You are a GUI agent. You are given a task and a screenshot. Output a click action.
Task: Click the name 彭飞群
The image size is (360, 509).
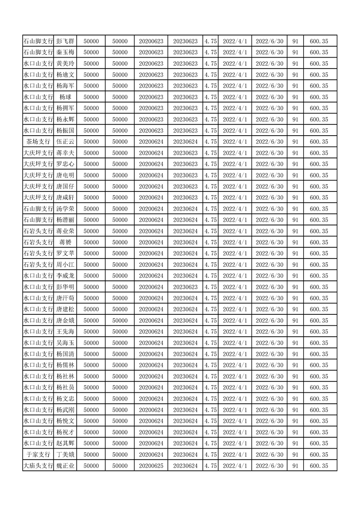pyautogui.click(x=65, y=41)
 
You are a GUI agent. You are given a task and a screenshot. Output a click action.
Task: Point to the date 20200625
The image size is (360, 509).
pyautogui.click(x=151, y=465)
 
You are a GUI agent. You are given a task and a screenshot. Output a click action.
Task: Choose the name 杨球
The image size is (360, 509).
pyautogui.click(x=65, y=97)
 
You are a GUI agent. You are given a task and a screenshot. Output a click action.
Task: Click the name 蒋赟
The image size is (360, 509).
pyautogui.click(x=65, y=242)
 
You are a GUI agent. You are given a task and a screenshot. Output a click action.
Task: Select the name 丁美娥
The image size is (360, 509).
pyautogui.click(x=65, y=455)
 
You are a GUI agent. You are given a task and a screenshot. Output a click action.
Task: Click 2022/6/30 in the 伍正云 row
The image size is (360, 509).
pyautogui.click(x=270, y=142)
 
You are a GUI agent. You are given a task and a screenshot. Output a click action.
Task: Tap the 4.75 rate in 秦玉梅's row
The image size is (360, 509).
pyautogui.click(x=211, y=53)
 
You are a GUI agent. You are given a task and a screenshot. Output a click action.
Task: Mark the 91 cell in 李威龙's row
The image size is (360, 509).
pyautogui.click(x=295, y=276)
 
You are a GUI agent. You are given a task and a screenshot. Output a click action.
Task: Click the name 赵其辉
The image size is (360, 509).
pyautogui.click(x=65, y=443)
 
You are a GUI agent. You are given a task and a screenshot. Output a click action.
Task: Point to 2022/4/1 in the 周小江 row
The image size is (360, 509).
pyautogui.click(x=235, y=264)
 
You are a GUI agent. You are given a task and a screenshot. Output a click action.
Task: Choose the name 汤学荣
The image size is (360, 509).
pyautogui.click(x=65, y=209)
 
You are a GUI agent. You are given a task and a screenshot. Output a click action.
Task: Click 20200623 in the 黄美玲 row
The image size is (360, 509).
pyautogui.click(x=151, y=64)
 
